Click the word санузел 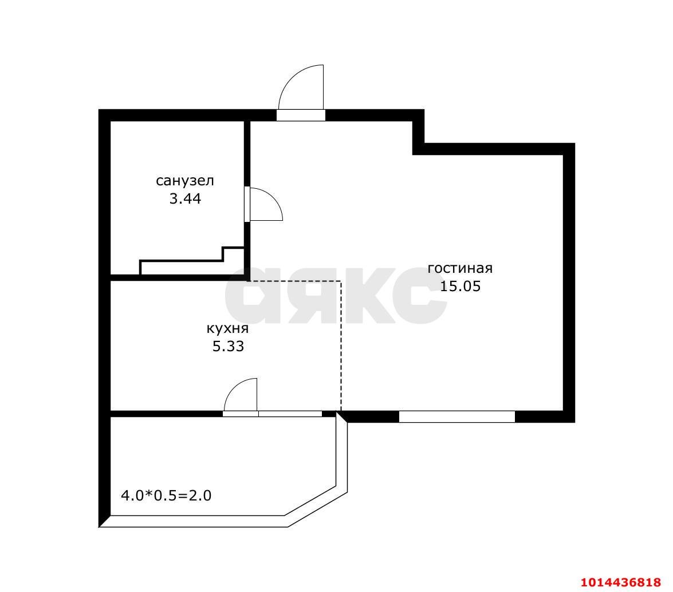184,181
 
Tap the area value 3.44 186,199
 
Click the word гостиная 460,268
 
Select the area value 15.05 460,287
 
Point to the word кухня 227,329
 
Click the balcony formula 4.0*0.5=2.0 166,496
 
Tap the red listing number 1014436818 621,583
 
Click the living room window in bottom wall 457,416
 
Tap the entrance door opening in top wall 301,116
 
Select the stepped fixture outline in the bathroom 192,260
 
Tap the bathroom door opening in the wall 247,204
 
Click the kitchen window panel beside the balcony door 290,414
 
